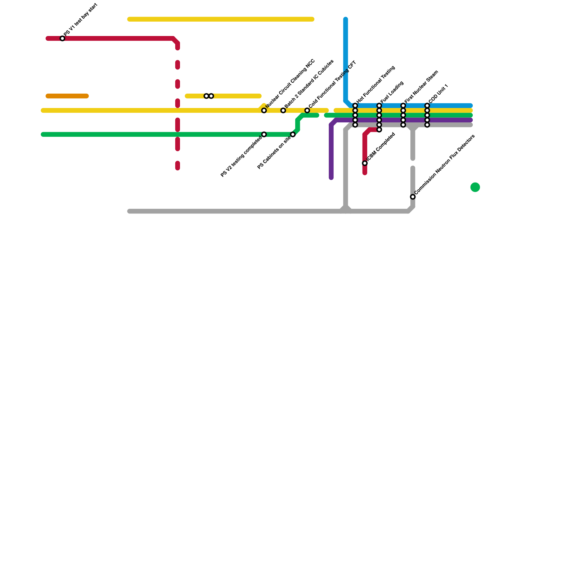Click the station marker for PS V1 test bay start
pyautogui.click(x=62, y=39)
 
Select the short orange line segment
pyautogui.click(x=67, y=96)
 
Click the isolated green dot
pyautogui.click(x=475, y=187)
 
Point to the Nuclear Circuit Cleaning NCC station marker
pyautogui.click(x=264, y=111)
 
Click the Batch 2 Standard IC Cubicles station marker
pyautogui.click(x=283, y=111)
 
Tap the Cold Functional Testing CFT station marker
pyautogui.click(x=307, y=111)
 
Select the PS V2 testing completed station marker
pyautogui.click(x=264, y=134)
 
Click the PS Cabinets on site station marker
pyautogui.click(x=293, y=134)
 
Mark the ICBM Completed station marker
pyautogui.click(x=365, y=163)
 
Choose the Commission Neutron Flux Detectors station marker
pyautogui.click(x=413, y=197)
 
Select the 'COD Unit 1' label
pyautogui.click(x=438, y=93)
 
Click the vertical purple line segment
pyautogui.click(x=331, y=151)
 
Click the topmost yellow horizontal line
pyautogui.click(x=221, y=19)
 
